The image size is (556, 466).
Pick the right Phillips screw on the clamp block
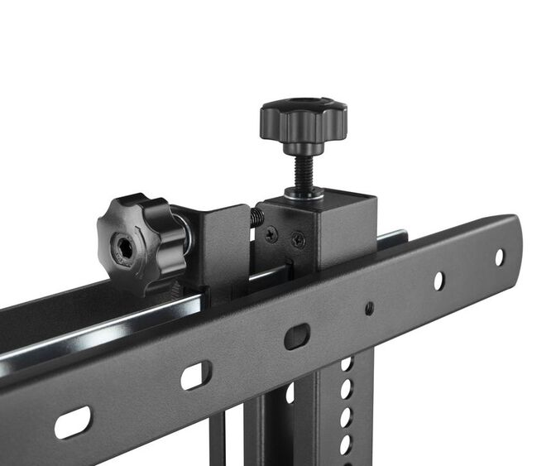click(x=298, y=241)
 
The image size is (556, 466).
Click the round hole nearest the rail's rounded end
click(x=499, y=257)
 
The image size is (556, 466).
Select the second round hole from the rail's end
click(x=439, y=281)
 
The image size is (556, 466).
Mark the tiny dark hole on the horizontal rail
click(x=369, y=308)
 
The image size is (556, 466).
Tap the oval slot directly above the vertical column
click(x=296, y=336)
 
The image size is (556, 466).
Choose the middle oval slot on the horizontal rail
click(x=196, y=375)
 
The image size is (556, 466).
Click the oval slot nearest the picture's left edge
click(x=73, y=422)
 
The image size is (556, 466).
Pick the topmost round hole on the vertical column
click(x=347, y=364)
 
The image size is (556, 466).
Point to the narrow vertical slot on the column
click(x=290, y=394)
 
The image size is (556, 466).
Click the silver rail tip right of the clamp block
click(x=391, y=238)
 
